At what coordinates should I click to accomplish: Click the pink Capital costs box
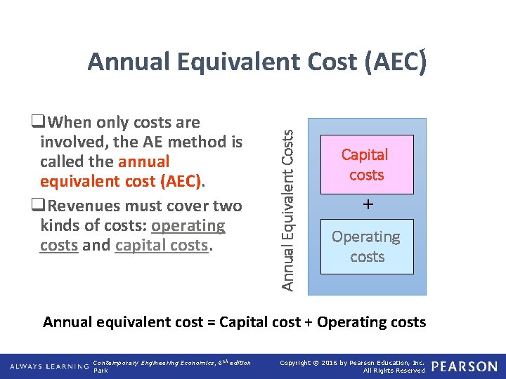tap(366, 164)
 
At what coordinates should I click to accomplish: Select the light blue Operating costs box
tap(366, 246)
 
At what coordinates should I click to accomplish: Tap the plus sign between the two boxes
tap(366, 205)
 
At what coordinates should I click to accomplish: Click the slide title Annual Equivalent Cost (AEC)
tap(257, 62)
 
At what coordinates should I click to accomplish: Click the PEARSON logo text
tap(464, 366)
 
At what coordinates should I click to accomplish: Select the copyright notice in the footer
tap(352, 366)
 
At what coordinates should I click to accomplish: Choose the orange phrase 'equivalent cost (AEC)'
tap(120, 182)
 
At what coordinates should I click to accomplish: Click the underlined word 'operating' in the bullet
tap(188, 226)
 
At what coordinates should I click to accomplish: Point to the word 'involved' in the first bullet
tap(70, 142)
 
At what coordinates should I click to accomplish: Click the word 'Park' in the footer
tap(100, 371)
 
